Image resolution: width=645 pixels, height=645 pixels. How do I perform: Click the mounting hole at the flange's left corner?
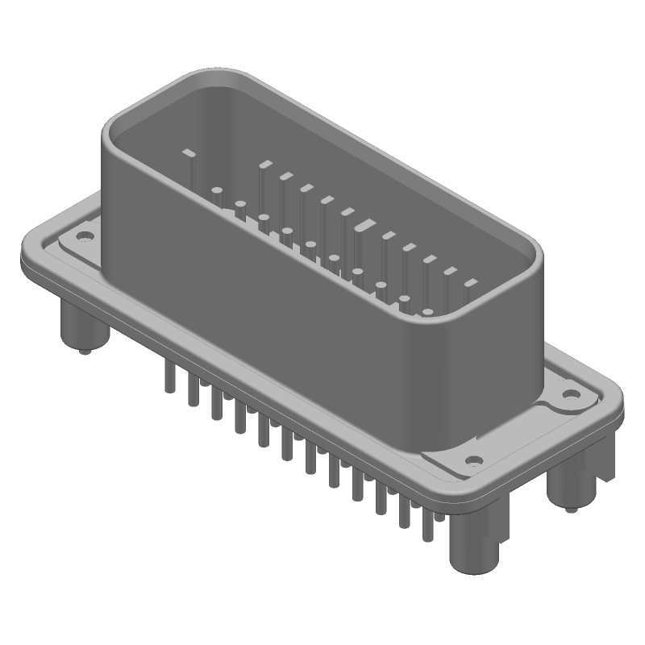click(x=82, y=237)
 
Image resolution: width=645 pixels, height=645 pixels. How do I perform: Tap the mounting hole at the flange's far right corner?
click(x=571, y=394)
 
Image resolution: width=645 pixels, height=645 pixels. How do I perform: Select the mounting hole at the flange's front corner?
click(x=474, y=461)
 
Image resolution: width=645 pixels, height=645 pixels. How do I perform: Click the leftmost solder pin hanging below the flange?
click(x=169, y=377)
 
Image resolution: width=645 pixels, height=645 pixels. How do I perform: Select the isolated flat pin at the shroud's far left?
click(x=189, y=152)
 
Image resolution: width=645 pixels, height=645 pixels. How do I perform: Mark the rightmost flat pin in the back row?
click(x=470, y=283)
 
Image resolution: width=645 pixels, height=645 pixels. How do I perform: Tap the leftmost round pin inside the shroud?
click(x=217, y=192)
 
